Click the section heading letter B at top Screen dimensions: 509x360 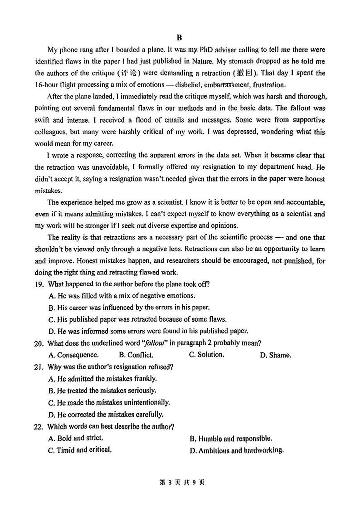[x=179, y=38]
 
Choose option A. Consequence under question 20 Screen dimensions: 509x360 [x=73, y=355]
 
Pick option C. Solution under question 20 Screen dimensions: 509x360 [x=206, y=355]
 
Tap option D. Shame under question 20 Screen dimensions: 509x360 [x=275, y=355]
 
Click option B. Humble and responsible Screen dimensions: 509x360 [x=231, y=439]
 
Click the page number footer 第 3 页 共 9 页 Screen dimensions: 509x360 [x=180, y=482]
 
